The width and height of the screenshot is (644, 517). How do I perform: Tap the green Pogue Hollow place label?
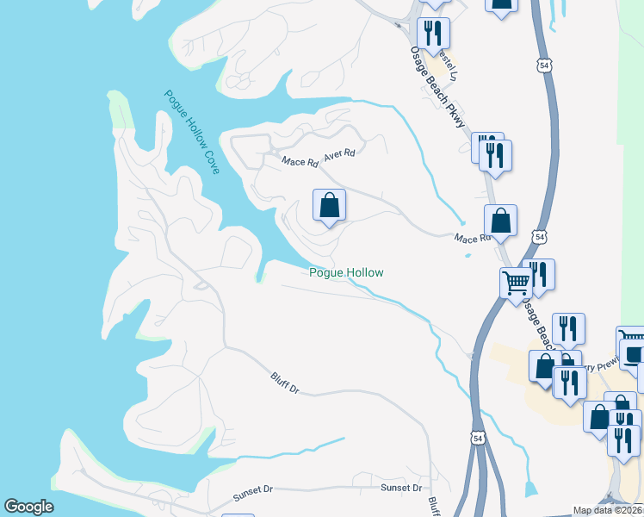[346, 273]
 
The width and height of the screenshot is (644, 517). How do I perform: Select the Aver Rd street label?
[339, 156]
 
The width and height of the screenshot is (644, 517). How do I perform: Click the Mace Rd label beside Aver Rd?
[294, 160]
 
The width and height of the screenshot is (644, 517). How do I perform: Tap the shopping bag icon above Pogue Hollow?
[329, 206]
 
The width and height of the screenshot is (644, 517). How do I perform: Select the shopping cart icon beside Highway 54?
[516, 282]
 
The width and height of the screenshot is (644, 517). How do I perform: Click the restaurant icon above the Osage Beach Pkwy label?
[433, 34]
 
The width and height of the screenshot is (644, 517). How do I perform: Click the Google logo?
[29, 507]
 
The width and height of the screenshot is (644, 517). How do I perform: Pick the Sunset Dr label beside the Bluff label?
[402, 488]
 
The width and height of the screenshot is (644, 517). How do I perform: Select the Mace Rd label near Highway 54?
[470, 238]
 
